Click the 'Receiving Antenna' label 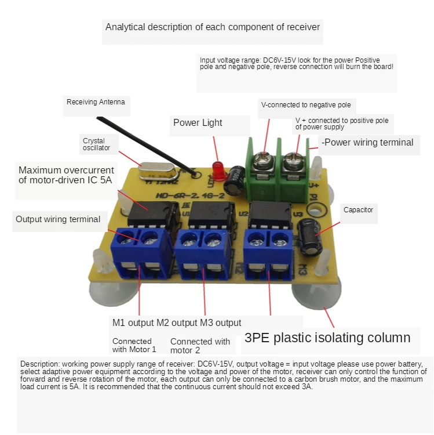click(96, 102)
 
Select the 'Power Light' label click(198, 122)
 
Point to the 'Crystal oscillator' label click(97, 144)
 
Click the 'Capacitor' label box click(358, 210)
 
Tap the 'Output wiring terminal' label click(58, 219)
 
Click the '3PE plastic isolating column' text click(327, 338)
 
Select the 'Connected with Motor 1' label click(134, 345)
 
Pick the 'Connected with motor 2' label click(200, 346)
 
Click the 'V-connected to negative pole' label click(306, 105)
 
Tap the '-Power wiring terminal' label click(369, 142)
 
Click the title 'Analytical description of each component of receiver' click(213, 27)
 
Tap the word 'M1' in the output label click(118, 322)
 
